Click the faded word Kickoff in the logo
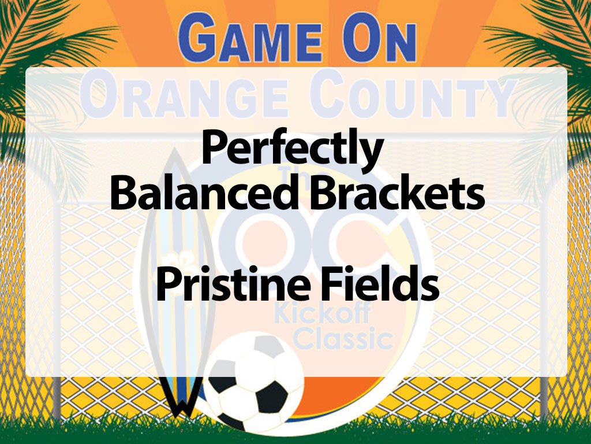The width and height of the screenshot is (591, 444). click(x=312, y=316)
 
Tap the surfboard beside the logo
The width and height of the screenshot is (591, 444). click(x=176, y=260)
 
